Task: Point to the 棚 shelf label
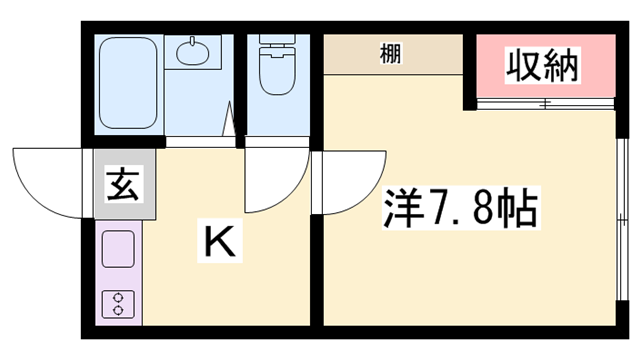392,54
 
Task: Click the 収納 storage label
543,67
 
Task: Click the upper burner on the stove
119,296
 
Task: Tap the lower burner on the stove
119,311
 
